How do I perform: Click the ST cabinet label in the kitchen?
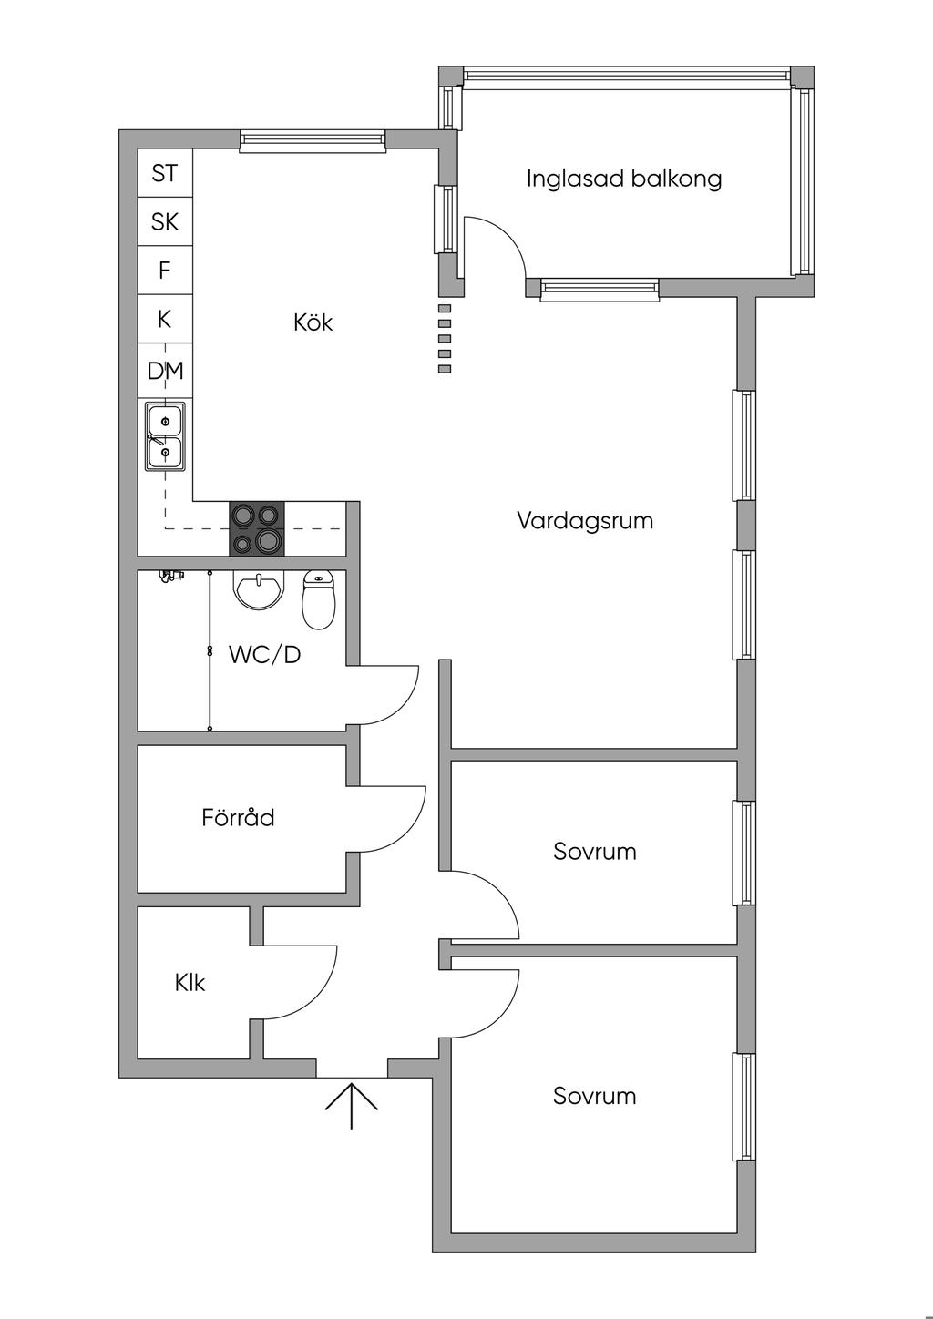point(165,173)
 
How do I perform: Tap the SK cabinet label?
point(165,221)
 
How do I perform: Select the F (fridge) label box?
point(165,271)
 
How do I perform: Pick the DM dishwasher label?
point(165,371)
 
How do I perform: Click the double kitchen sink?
point(165,436)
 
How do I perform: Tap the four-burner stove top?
point(256,528)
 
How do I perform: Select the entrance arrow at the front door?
point(352,1105)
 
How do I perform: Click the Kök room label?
point(313,322)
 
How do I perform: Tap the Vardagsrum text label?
point(585,521)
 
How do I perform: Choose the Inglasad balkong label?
point(624,179)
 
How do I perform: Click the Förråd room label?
point(238,818)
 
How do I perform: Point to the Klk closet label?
point(190,983)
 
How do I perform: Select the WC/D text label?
point(264,654)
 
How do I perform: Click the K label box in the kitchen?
point(165,320)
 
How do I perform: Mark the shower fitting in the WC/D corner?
point(169,576)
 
